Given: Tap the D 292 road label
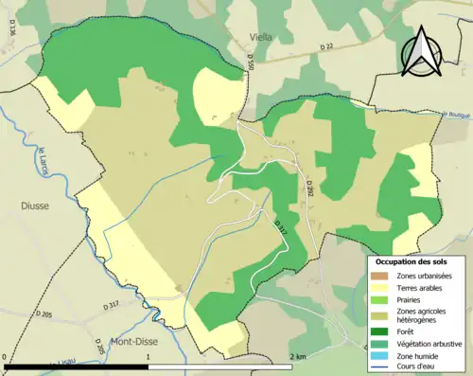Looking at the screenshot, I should point(309,188).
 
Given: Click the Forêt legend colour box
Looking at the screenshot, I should point(380,331).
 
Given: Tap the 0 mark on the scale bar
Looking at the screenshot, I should point(7,357).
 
